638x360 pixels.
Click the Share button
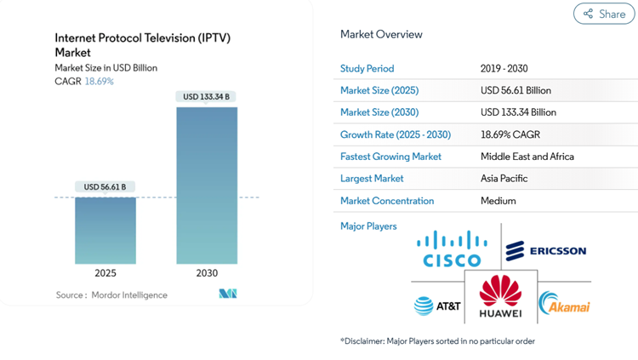(604, 14)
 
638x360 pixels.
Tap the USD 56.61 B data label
(105, 186)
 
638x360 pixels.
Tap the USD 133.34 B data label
(207, 96)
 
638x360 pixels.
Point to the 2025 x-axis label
(105, 273)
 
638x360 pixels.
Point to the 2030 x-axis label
(207, 273)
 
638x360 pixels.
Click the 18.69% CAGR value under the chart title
(99, 82)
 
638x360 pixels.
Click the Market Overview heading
(381, 35)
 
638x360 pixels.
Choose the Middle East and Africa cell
(527, 157)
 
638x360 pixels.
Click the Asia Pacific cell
(504, 179)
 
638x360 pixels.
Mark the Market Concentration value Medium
(498, 201)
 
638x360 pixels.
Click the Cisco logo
(452, 249)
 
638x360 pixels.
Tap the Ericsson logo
(546, 251)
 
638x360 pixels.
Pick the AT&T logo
(436, 306)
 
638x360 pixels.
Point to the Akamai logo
(564, 304)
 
